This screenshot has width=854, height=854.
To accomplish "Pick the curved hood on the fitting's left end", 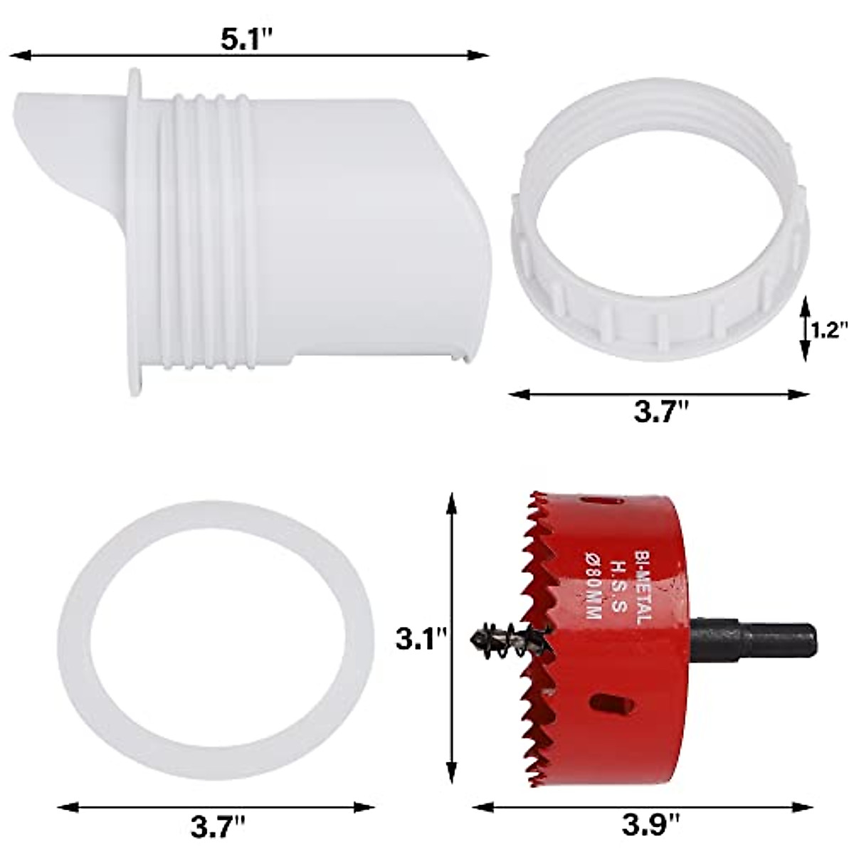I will pyautogui.click(x=64, y=164).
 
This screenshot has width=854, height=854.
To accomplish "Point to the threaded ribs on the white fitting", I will pyautogui.click(x=206, y=228).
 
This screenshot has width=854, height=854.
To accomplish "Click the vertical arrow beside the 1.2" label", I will pyautogui.click(x=804, y=327).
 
